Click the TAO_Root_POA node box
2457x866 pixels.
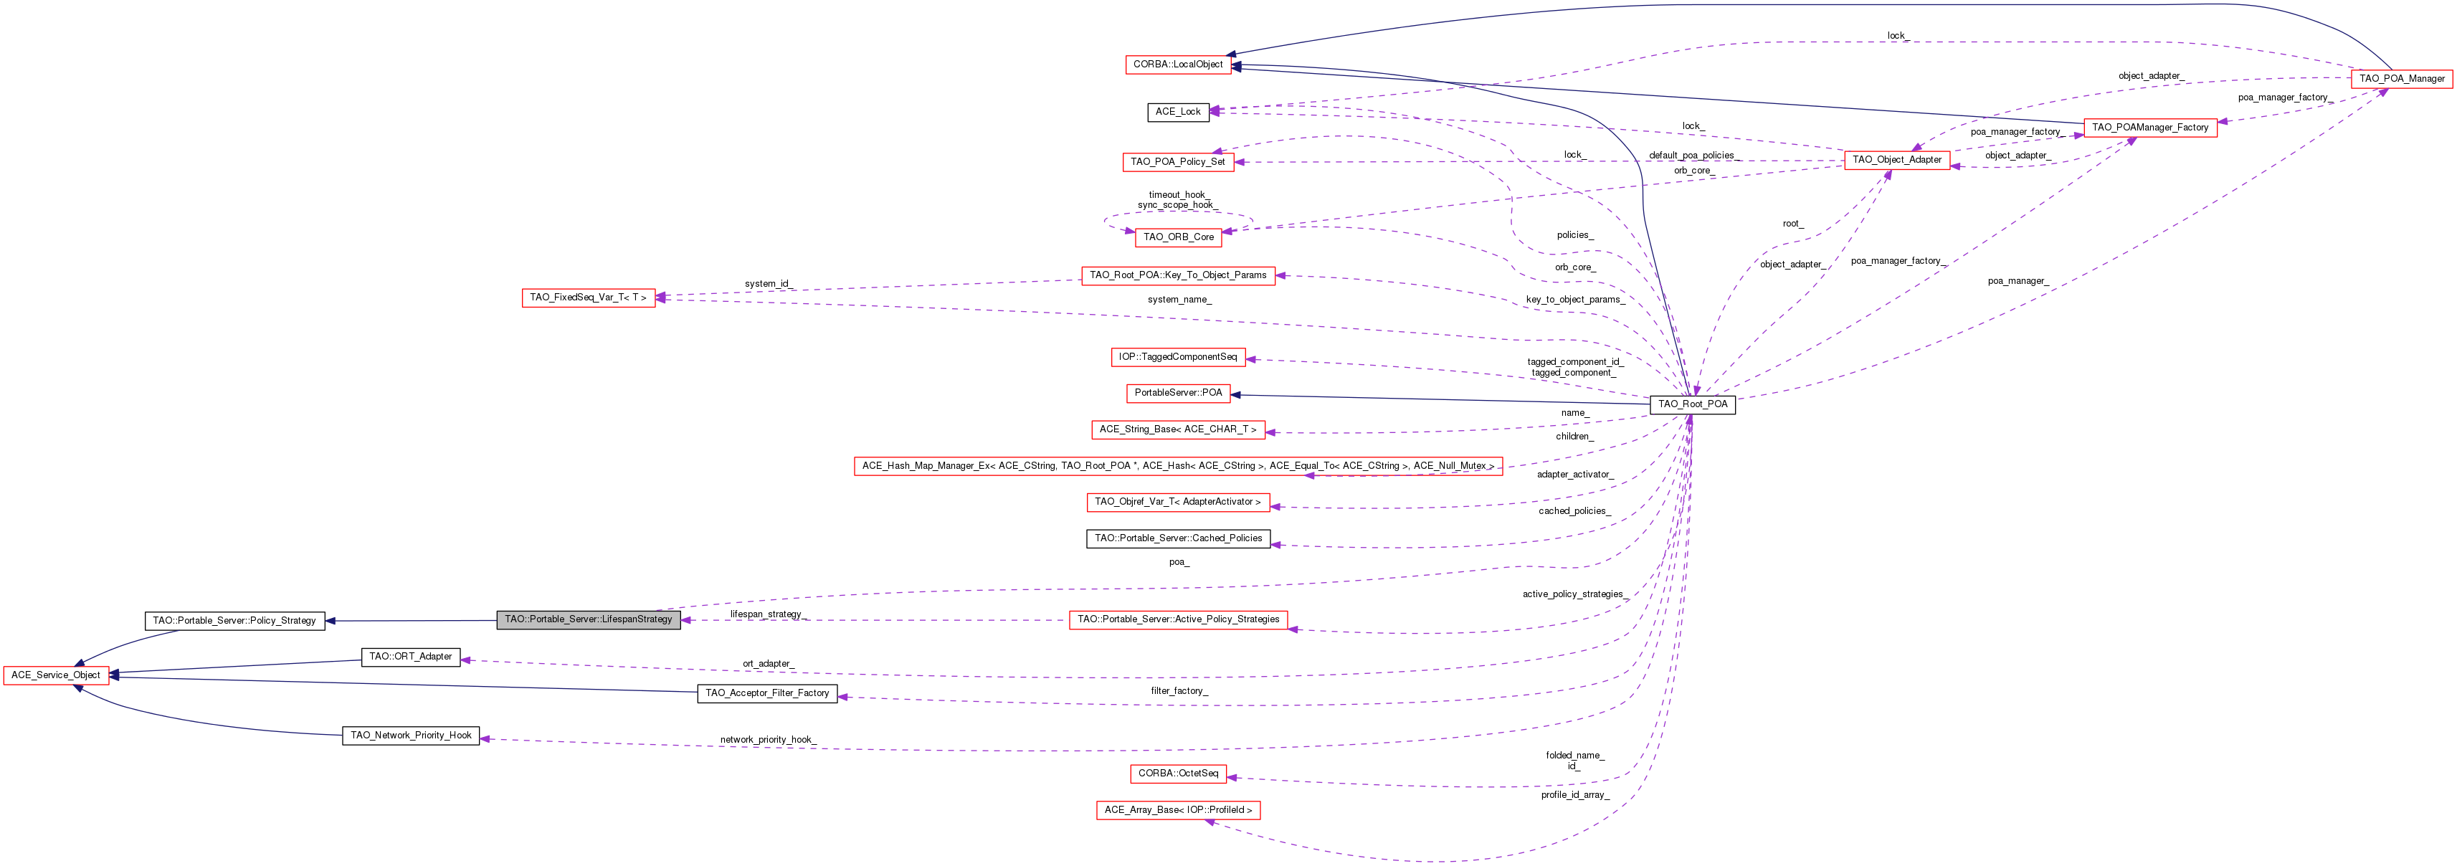point(1692,404)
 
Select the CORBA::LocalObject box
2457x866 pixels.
point(1177,65)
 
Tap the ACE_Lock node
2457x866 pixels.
point(1178,112)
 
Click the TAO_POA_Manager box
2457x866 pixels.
point(2401,79)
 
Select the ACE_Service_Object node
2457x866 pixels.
point(55,675)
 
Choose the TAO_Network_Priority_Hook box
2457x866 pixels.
point(410,736)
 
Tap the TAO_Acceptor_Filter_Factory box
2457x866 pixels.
point(767,693)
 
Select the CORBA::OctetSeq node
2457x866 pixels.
point(1177,774)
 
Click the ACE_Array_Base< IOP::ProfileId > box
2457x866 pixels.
point(1178,811)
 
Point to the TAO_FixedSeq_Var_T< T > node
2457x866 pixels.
point(588,298)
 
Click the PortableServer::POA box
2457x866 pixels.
point(1178,393)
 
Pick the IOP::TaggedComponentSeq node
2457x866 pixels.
point(1177,358)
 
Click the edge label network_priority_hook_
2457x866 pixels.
point(768,740)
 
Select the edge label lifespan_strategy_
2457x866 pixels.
point(766,614)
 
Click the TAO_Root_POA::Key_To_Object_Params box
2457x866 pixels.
point(1177,275)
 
